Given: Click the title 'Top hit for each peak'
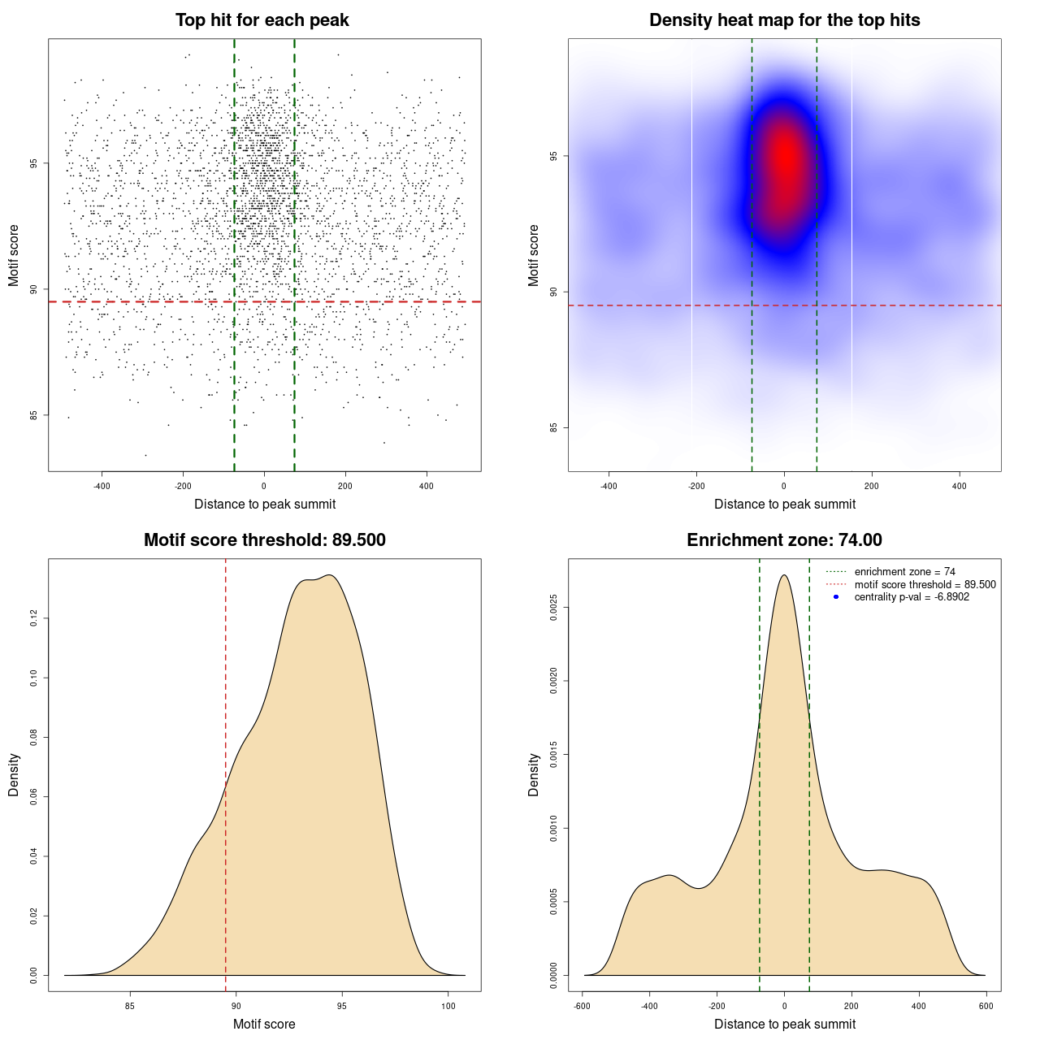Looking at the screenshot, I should (x=262, y=20).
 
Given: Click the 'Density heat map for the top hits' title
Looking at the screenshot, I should (x=784, y=20).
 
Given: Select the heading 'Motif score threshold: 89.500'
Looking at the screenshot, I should (x=264, y=540).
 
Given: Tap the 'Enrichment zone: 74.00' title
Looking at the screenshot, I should (x=784, y=540).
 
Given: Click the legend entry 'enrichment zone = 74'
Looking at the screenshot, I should (x=904, y=572).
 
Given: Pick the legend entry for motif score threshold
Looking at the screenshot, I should (x=925, y=584).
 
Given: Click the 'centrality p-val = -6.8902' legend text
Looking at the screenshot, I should (x=912, y=597).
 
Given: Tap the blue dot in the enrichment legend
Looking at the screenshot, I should (x=836, y=597).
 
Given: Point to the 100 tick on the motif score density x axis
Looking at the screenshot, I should (x=448, y=1006).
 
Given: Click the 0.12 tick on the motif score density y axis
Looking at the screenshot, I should (x=34, y=619).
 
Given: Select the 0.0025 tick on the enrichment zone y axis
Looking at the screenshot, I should (x=554, y=607).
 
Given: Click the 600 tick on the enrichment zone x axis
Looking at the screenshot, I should (x=986, y=1006).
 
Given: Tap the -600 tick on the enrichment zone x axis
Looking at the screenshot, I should (x=583, y=1006).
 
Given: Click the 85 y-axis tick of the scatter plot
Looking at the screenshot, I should (x=34, y=415).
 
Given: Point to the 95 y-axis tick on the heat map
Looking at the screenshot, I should (x=554, y=156).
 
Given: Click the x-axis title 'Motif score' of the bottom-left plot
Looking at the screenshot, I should (x=264, y=1024).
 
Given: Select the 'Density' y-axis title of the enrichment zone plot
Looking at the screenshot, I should (x=534, y=774).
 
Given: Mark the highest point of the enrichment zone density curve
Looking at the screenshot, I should (x=784, y=575).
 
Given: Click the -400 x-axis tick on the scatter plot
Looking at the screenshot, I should (x=102, y=486).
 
